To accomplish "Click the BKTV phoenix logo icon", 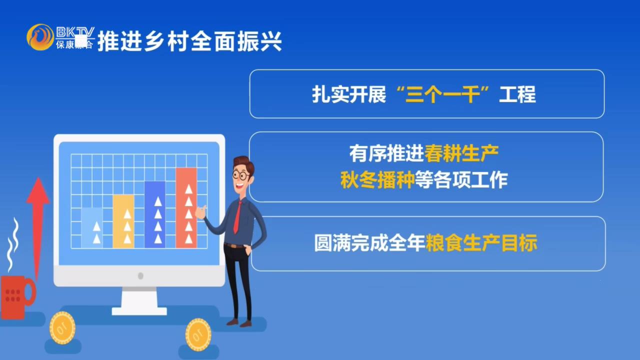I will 40,37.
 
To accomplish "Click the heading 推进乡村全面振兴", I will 189,41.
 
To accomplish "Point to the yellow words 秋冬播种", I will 377,179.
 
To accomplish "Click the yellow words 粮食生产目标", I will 481,243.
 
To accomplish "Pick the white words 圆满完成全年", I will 369,243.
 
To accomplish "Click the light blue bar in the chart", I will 92,228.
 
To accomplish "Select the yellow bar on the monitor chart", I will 123,221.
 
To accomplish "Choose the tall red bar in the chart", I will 186,208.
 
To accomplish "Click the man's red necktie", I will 237,217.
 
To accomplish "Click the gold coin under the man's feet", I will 198,331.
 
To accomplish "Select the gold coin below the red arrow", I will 62,327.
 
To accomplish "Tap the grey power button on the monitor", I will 140,276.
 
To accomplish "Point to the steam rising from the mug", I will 13,245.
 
